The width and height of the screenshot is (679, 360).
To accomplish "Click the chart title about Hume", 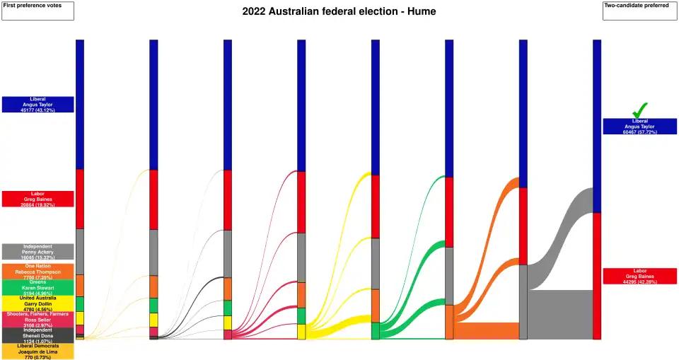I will coord(339,11).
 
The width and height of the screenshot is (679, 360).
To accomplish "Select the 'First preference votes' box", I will coord(37,11).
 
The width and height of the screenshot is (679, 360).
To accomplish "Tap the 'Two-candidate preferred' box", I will coord(640,11).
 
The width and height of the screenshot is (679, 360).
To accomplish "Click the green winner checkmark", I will coord(639,110).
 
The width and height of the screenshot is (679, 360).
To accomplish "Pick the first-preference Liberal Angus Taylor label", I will coord(37,105).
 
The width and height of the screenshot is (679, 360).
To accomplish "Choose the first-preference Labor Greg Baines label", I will coord(37,199).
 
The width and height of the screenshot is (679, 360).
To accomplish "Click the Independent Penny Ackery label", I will coord(37,251).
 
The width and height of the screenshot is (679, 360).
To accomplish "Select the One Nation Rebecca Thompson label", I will coord(37,272).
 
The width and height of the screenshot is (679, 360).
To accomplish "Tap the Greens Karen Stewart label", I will coord(37,287).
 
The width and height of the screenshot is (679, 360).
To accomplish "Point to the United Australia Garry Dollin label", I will coord(37,303).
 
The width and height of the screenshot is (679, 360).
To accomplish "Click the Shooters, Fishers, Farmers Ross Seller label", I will coord(37,319).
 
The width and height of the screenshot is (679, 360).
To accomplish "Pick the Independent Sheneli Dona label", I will coord(37,335).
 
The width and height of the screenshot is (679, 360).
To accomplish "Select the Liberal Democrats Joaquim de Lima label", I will coord(37,352).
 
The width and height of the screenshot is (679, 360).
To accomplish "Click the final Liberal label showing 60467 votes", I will coord(639,127).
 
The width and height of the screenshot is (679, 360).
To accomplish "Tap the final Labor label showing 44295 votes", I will coord(639,276).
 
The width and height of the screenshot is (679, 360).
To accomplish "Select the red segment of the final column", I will coord(596,276).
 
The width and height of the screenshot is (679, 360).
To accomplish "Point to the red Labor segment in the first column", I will coord(80,199).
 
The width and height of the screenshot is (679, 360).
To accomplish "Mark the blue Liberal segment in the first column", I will coord(80,104).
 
